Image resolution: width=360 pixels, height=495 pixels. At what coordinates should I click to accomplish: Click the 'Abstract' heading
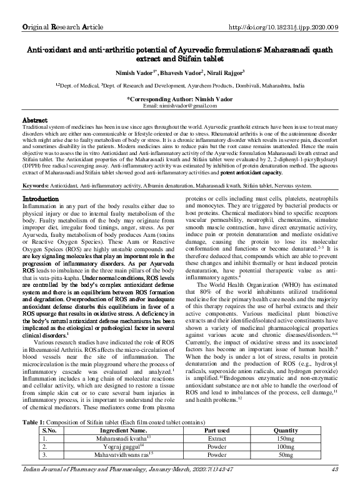tap(36, 119)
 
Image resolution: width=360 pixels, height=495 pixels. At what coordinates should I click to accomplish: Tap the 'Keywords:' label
tap(39, 169)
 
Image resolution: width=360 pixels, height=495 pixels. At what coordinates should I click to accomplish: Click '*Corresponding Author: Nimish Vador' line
tap(180, 99)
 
